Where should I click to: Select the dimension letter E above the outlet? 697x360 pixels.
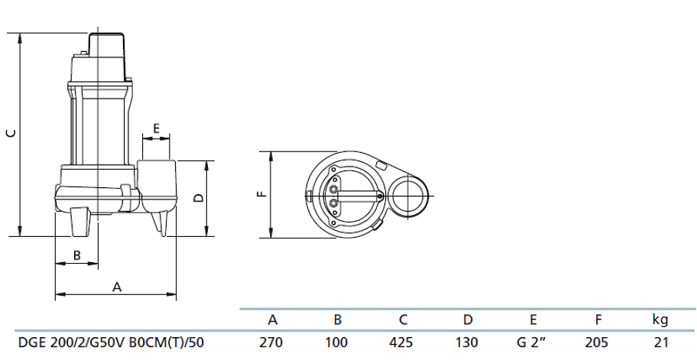pyautogui.click(x=156, y=128)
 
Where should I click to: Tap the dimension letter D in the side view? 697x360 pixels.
pyautogui.click(x=198, y=198)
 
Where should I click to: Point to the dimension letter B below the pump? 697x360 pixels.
pyautogui.click(x=76, y=255)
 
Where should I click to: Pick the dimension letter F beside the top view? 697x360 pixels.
pyautogui.click(x=261, y=193)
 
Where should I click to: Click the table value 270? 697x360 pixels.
pyautogui.click(x=271, y=342)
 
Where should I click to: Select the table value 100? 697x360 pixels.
pyautogui.click(x=336, y=342)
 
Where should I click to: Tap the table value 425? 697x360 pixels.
pyautogui.click(x=402, y=342)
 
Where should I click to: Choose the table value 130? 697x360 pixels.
pyautogui.click(x=467, y=342)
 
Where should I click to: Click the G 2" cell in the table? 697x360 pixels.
pyautogui.click(x=532, y=342)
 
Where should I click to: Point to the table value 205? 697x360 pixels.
pyautogui.click(x=598, y=342)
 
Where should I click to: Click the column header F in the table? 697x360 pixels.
pyautogui.click(x=598, y=320)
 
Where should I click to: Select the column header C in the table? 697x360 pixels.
pyautogui.click(x=402, y=320)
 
